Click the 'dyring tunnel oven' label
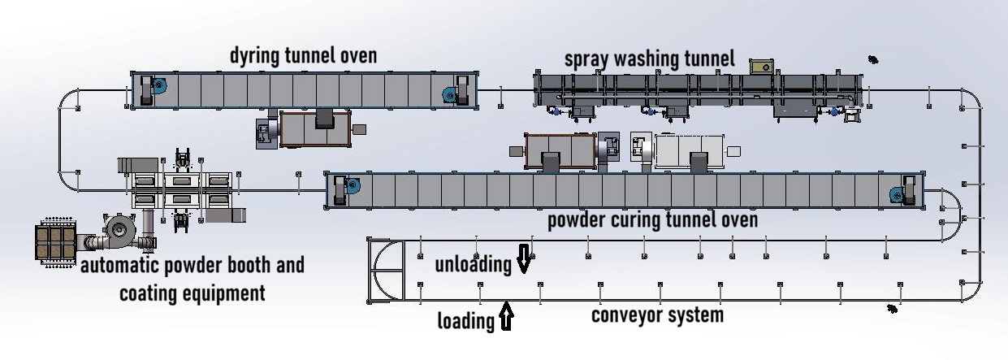click(303, 56)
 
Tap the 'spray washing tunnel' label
click(649, 59)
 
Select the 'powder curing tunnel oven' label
click(652, 220)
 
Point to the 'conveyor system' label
click(656, 314)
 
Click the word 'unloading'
click(473, 264)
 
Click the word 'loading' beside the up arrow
click(465, 321)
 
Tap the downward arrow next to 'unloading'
click(523, 259)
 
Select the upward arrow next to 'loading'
click(506, 316)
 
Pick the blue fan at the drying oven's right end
click(448, 95)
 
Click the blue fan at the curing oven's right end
click(896, 194)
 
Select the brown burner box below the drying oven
click(315, 129)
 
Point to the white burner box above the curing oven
click(688, 151)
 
